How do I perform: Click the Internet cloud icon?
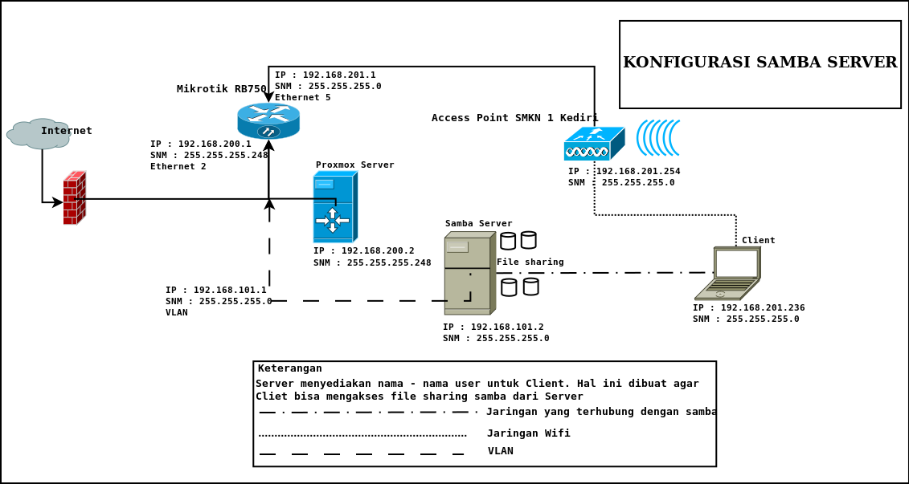coord(38,134)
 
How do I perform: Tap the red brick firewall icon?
coord(75,197)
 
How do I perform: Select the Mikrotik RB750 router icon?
coord(268,120)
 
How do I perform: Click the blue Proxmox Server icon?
coord(335,207)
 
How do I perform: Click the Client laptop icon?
coord(728,273)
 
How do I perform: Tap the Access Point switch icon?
coord(594,144)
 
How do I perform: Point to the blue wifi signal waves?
coord(658,138)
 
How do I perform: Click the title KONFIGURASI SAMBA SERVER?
coord(760,63)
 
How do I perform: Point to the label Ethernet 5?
coord(302,97)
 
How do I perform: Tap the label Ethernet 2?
coord(178,166)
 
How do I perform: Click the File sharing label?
coord(530,262)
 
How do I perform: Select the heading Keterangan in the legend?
coord(289,368)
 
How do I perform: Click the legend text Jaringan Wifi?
coord(528,433)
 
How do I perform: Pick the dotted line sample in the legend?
coord(362,436)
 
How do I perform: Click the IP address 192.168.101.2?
coord(493,327)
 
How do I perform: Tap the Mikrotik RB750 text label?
coord(221,89)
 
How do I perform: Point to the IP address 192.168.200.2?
coord(364,250)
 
